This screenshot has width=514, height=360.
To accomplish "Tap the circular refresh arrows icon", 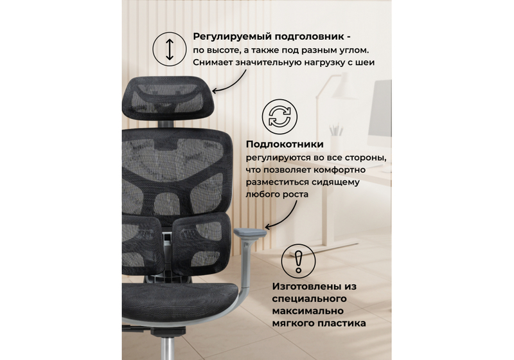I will (279, 117).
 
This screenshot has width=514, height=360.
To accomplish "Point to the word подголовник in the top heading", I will (315, 36).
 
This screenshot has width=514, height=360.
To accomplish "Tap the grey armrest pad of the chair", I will (249, 230).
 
